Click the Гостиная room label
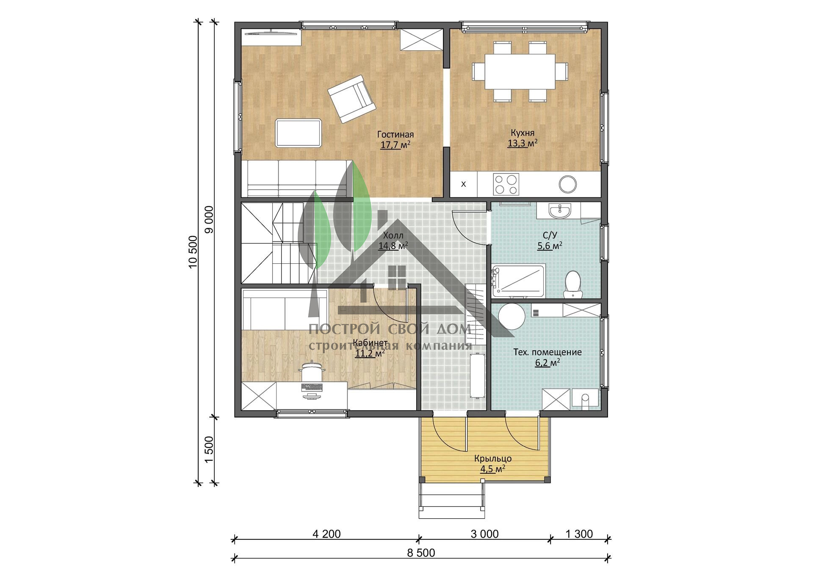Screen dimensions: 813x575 coord(395,135)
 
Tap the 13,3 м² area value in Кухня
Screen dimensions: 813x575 coord(523,143)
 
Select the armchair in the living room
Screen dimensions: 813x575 coord(351,99)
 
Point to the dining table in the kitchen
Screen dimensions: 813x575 coord(520,71)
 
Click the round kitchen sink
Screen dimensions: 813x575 coord(567,184)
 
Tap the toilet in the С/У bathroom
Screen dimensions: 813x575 coord(572,283)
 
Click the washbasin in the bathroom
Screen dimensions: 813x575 coord(560,210)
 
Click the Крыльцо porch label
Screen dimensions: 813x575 coord(493,459)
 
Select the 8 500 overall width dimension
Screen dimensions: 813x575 coord(421,553)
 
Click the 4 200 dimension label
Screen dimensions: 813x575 coord(326,534)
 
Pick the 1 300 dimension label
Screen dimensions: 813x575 coord(579,534)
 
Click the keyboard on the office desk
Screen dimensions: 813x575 coord(312,387)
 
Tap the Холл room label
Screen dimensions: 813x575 coord(393,235)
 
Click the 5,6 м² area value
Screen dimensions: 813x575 coord(550,246)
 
